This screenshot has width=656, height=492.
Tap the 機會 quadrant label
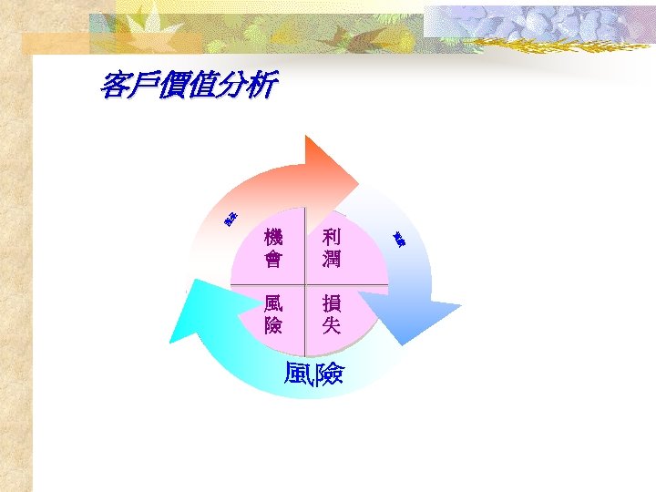(x=272, y=248)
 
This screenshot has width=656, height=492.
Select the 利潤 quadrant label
(x=331, y=248)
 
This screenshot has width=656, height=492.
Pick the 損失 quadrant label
(x=331, y=314)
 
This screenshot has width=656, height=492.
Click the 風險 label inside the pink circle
(x=272, y=314)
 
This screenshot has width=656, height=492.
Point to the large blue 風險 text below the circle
(x=313, y=374)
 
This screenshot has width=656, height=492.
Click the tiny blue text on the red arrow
(x=231, y=219)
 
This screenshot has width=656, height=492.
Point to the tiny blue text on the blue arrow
(x=399, y=239)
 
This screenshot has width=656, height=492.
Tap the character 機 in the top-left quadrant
(x=272, y=237)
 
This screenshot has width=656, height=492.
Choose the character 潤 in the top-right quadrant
(x=331, y=259)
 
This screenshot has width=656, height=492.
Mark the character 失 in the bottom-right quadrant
(x=331, y=325)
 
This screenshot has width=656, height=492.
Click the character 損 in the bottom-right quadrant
(x=331, y=303)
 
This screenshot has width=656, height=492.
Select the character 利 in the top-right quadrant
(x=331, y=237)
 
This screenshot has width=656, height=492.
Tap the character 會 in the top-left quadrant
(x=272, y=259)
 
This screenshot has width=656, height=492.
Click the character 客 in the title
(x=115, y=87)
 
